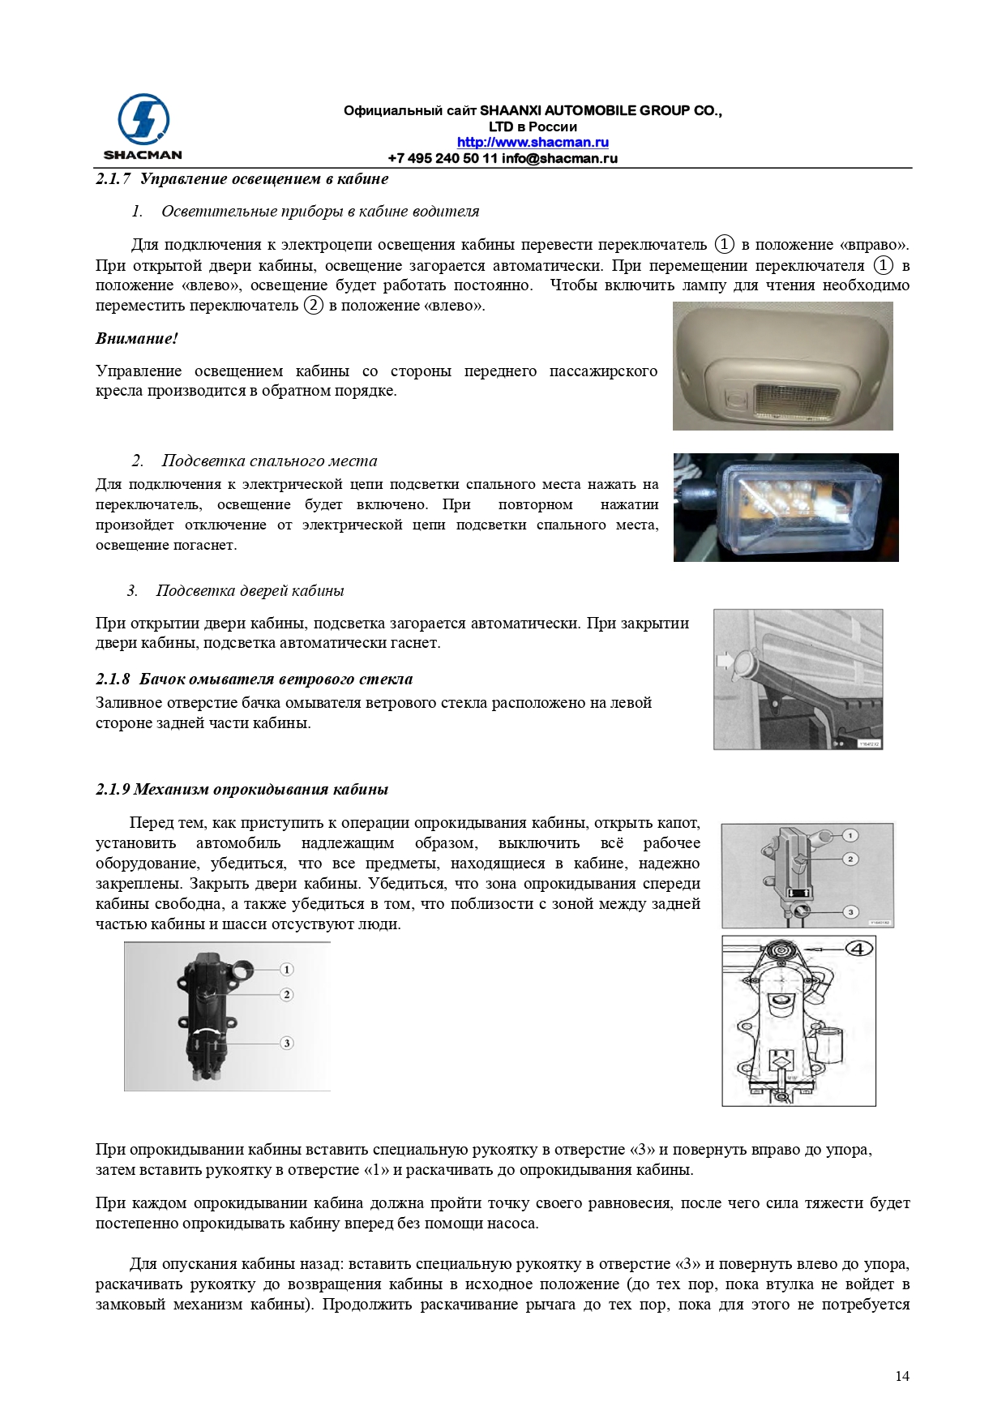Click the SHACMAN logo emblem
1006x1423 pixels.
pos(143,120)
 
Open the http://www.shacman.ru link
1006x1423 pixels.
pos(533,143)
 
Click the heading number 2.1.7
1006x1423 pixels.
pos(113,179)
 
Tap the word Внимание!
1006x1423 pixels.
pos(136,339)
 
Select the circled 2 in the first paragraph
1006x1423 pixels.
pos(313,306)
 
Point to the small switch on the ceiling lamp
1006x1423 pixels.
pos(735,399)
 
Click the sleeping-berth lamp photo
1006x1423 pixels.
pos(786,507)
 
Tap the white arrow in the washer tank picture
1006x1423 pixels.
pos(725,661)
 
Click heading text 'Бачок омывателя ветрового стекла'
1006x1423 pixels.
pos(276,679)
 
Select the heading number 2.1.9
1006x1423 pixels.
pos(113,790)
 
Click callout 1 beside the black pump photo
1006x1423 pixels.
pos(286,970)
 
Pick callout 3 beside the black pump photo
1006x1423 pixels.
pos(286,1044)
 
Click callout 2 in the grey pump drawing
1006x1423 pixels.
pos(850,859)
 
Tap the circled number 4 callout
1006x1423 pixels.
pos(859,949)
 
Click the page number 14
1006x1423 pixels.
pos(902,1376)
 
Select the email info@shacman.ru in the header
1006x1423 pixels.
pos(559,158)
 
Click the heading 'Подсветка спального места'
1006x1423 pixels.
pos(269,461)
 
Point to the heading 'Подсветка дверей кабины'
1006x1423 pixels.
pos(250,591)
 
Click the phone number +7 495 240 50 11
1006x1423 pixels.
pos(442,158)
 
